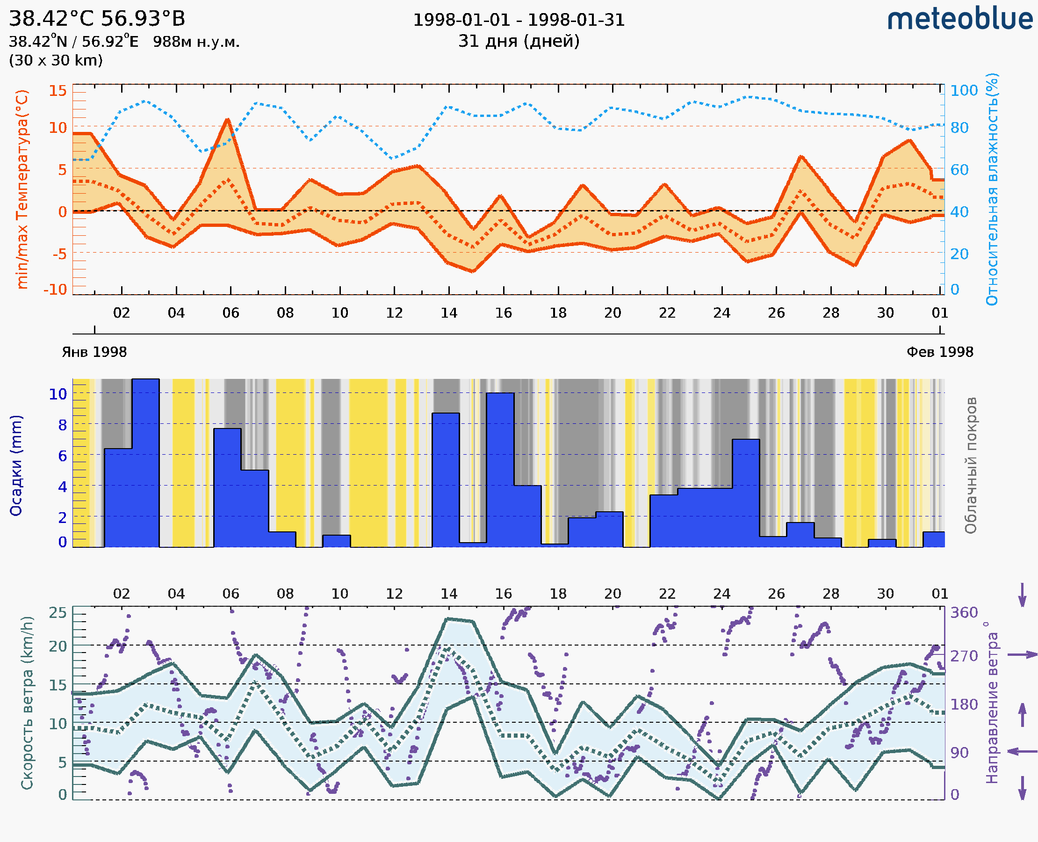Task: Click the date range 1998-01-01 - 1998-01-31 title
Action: [x=519, y=20]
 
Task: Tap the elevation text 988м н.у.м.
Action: [x=196, y=42]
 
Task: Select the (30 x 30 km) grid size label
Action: [x=56, y=60]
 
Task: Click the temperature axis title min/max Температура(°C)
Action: [x=22, y=189]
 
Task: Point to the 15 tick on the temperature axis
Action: [x=58, y=90]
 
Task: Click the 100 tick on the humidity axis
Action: [x=964, y=90]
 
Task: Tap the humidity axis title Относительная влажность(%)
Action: [x=992, y=189]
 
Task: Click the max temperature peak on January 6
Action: [x=228, y=119]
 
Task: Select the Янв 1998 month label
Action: [x=94, y=352]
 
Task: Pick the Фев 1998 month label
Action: [x=940, y=352]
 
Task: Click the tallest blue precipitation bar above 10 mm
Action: [x=145, y=461]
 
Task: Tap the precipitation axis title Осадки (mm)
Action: [x=16, y=465]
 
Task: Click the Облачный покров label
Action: [x=970, y=465]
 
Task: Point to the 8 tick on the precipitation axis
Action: [x=63, y=425]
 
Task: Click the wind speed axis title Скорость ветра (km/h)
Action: [x=27, y=703]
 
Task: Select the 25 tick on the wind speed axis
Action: [x=58, y=613]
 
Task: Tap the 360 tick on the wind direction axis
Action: [x=964, y=613]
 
